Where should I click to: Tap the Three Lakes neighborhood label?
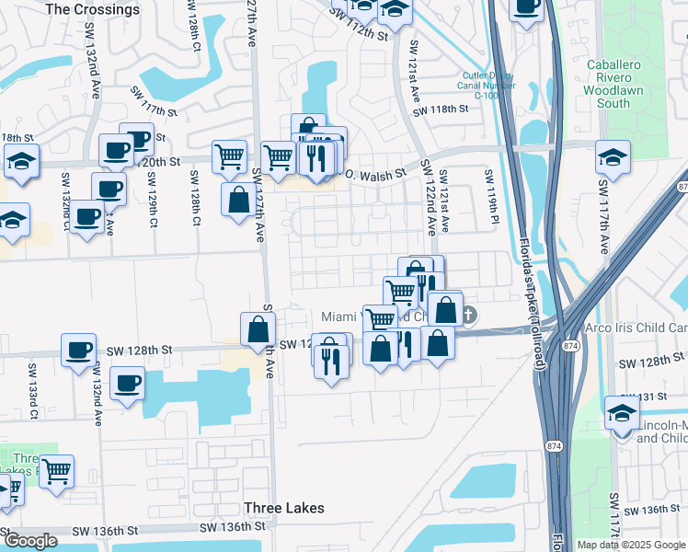pos(284,508)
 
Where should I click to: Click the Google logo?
pos(29,541)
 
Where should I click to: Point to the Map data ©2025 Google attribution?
pos(631,545)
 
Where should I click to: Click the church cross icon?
pos(468,316)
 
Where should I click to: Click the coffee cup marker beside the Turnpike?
pos(526,7)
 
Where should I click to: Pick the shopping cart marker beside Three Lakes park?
pos(57,470)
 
